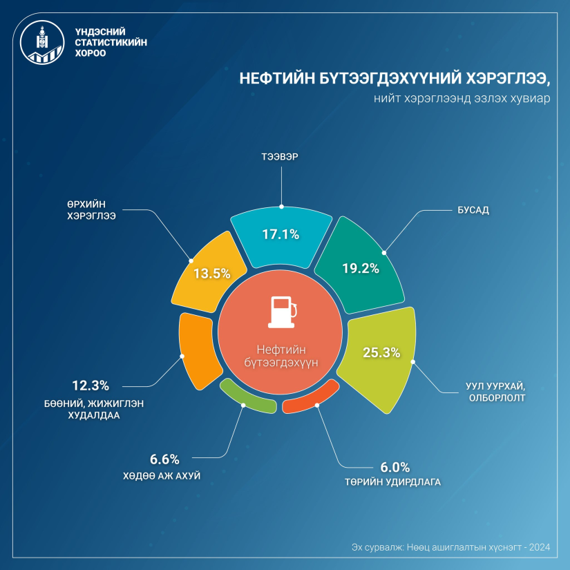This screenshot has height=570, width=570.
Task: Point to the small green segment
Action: (x=247, y=397)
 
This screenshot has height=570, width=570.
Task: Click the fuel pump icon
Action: (x=281, y=312)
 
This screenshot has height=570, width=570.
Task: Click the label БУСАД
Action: (x=473, y=210)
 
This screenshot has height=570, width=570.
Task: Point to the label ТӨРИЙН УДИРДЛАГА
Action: (x=395, y=482)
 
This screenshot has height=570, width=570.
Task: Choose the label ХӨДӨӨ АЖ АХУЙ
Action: (x=164, y=475)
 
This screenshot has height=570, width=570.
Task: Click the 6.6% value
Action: (x=164, y=459)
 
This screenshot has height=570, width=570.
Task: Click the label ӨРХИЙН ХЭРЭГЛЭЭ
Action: (x=86, y=210)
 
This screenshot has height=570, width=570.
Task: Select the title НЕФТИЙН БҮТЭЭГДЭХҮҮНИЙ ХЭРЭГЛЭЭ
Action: (x=395, y=78)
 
